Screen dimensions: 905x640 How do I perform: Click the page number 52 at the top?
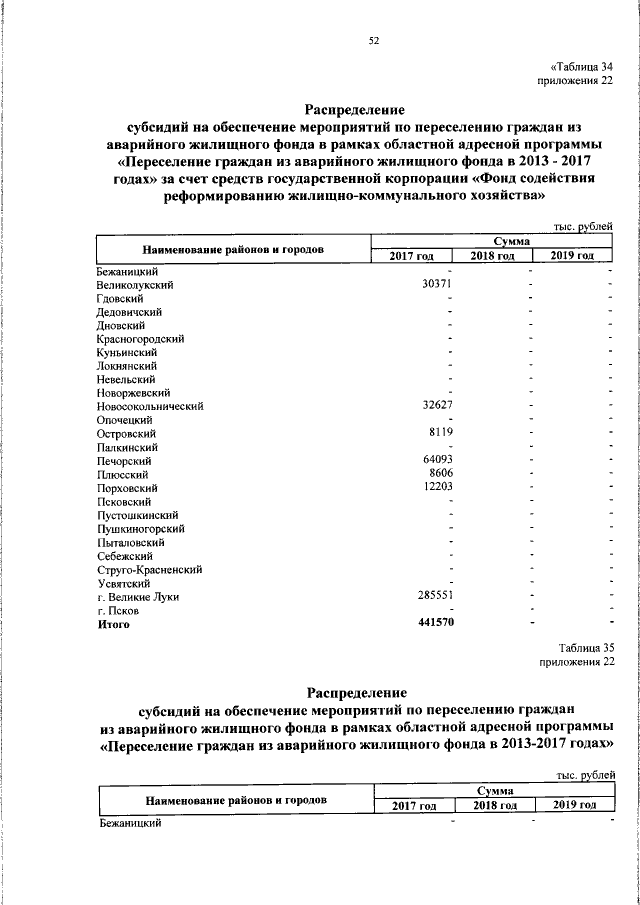(x=374, y=41)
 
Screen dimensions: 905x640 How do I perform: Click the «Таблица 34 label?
(x=578, y=67)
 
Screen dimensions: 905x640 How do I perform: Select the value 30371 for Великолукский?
(x=437, y=285)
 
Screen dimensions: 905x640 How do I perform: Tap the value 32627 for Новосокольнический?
(x=437, y=406)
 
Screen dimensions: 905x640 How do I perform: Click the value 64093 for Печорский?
(x=437, y=460)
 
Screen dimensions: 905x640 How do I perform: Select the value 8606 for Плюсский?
(x=441, y=474)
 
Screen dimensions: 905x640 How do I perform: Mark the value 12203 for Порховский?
(x=437, y=487)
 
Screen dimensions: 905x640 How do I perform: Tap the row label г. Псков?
(x=118, y=610)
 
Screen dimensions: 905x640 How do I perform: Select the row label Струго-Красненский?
(x=150, y=569)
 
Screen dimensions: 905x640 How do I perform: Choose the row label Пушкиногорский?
(x=141, y=528)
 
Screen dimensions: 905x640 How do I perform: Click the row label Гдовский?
(x=121, y=298)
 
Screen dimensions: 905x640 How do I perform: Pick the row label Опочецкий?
(x=124, y=420)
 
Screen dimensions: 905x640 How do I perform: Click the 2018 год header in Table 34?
(x=493, y=257)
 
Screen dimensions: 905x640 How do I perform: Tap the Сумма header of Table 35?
(x=490, y=791)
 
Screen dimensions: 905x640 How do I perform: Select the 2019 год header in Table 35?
(x=575, y=806)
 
